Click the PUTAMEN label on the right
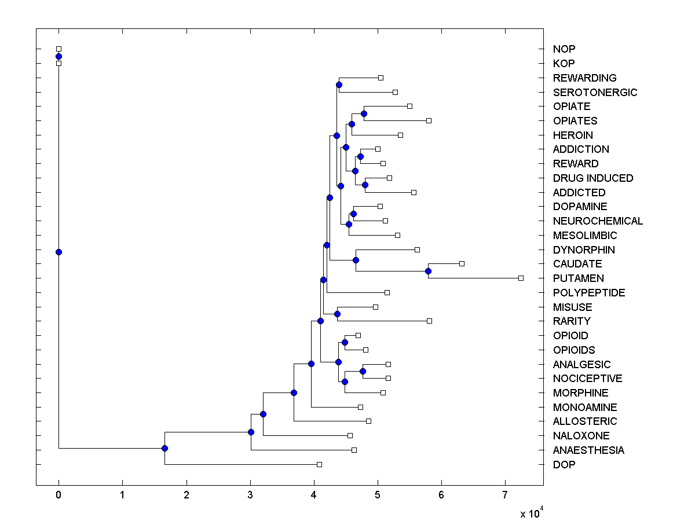pyautogui.click(x=578, y=278)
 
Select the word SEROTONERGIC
pyautogui.click(x=595, y=92)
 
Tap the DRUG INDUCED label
pyautogui.click(x=593, y=178)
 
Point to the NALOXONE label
pyautogui.click(x=581, y=435)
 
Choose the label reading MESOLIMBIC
pyautogui.click(x=585, y=235)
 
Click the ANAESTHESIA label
pyautogui.click(x=588, y=450)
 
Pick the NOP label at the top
pyautogui.click(x=564, y=49)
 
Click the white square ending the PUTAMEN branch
pyautogui.click(x=521, y=278)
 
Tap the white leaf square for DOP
pyautogui.click(x=319, y=464)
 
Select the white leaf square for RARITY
pyautogui.click(x=429, y=321)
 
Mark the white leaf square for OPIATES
pyautogui.click(x=429, y=120)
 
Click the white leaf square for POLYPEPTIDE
pyautogui.click(x=387, y=292)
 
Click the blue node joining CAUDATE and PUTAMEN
pyautogui.click(x=428, y=271)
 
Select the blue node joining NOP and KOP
pyautogui.click(x=58, y=56)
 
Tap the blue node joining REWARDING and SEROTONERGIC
pyautogui.click(x=339, y=85)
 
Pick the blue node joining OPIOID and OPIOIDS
pyautogui.click(x=345, y=342)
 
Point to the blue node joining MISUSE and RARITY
pyautogui.click(x=337, y=314)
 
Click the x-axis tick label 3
pyautogui.click(x=250, y=495)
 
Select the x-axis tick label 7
pyautogui.click(x=505, y=495)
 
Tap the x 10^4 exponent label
pyautogui.click(x=530, y=513)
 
